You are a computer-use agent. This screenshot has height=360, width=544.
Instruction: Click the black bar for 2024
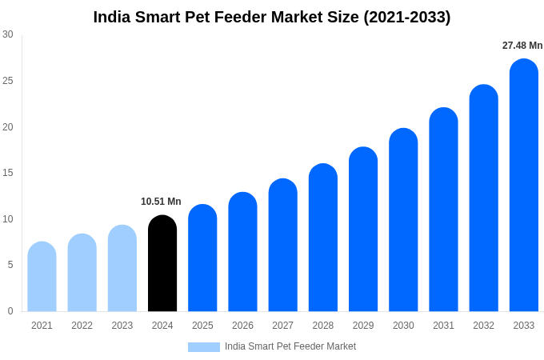(162, 263)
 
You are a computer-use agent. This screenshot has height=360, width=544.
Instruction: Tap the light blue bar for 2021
(42, 277)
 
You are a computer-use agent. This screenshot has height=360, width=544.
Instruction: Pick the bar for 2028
(323, 238)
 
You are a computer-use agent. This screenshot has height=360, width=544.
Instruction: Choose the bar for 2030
(403, 220)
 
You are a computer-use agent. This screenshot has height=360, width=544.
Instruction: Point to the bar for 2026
(242, 252)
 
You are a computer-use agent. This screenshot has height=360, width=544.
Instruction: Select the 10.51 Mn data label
(161, 202)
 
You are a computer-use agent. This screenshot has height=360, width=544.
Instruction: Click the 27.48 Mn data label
(522, 46)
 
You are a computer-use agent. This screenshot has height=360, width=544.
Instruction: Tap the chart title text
(272, 17)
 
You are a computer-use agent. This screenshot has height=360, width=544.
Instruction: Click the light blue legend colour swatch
(204, 346)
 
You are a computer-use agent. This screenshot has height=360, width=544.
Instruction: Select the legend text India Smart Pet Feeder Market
(290, 346)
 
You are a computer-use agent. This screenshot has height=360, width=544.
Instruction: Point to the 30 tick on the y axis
(8, 34)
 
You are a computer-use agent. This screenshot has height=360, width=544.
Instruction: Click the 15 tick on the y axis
(8, 173)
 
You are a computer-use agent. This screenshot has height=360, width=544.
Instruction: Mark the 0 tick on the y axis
(10, 311)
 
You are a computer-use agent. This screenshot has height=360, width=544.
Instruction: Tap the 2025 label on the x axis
(202, 326)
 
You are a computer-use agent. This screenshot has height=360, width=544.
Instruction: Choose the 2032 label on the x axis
(483, 326)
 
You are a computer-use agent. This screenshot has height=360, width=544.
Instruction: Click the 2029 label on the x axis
(363, 326)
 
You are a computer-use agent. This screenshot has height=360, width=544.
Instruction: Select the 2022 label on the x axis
(82, 326)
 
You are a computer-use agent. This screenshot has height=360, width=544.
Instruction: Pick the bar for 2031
(443, 210)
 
